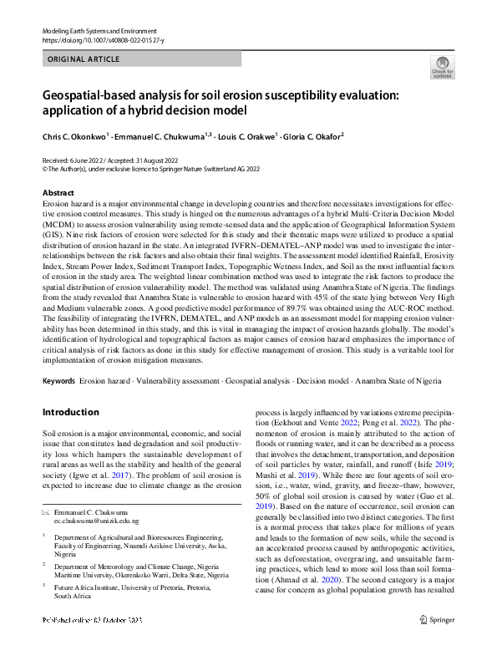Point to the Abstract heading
pyautogui.click(x=58, y=193)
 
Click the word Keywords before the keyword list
pyautogui.click(x=58, y=380)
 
